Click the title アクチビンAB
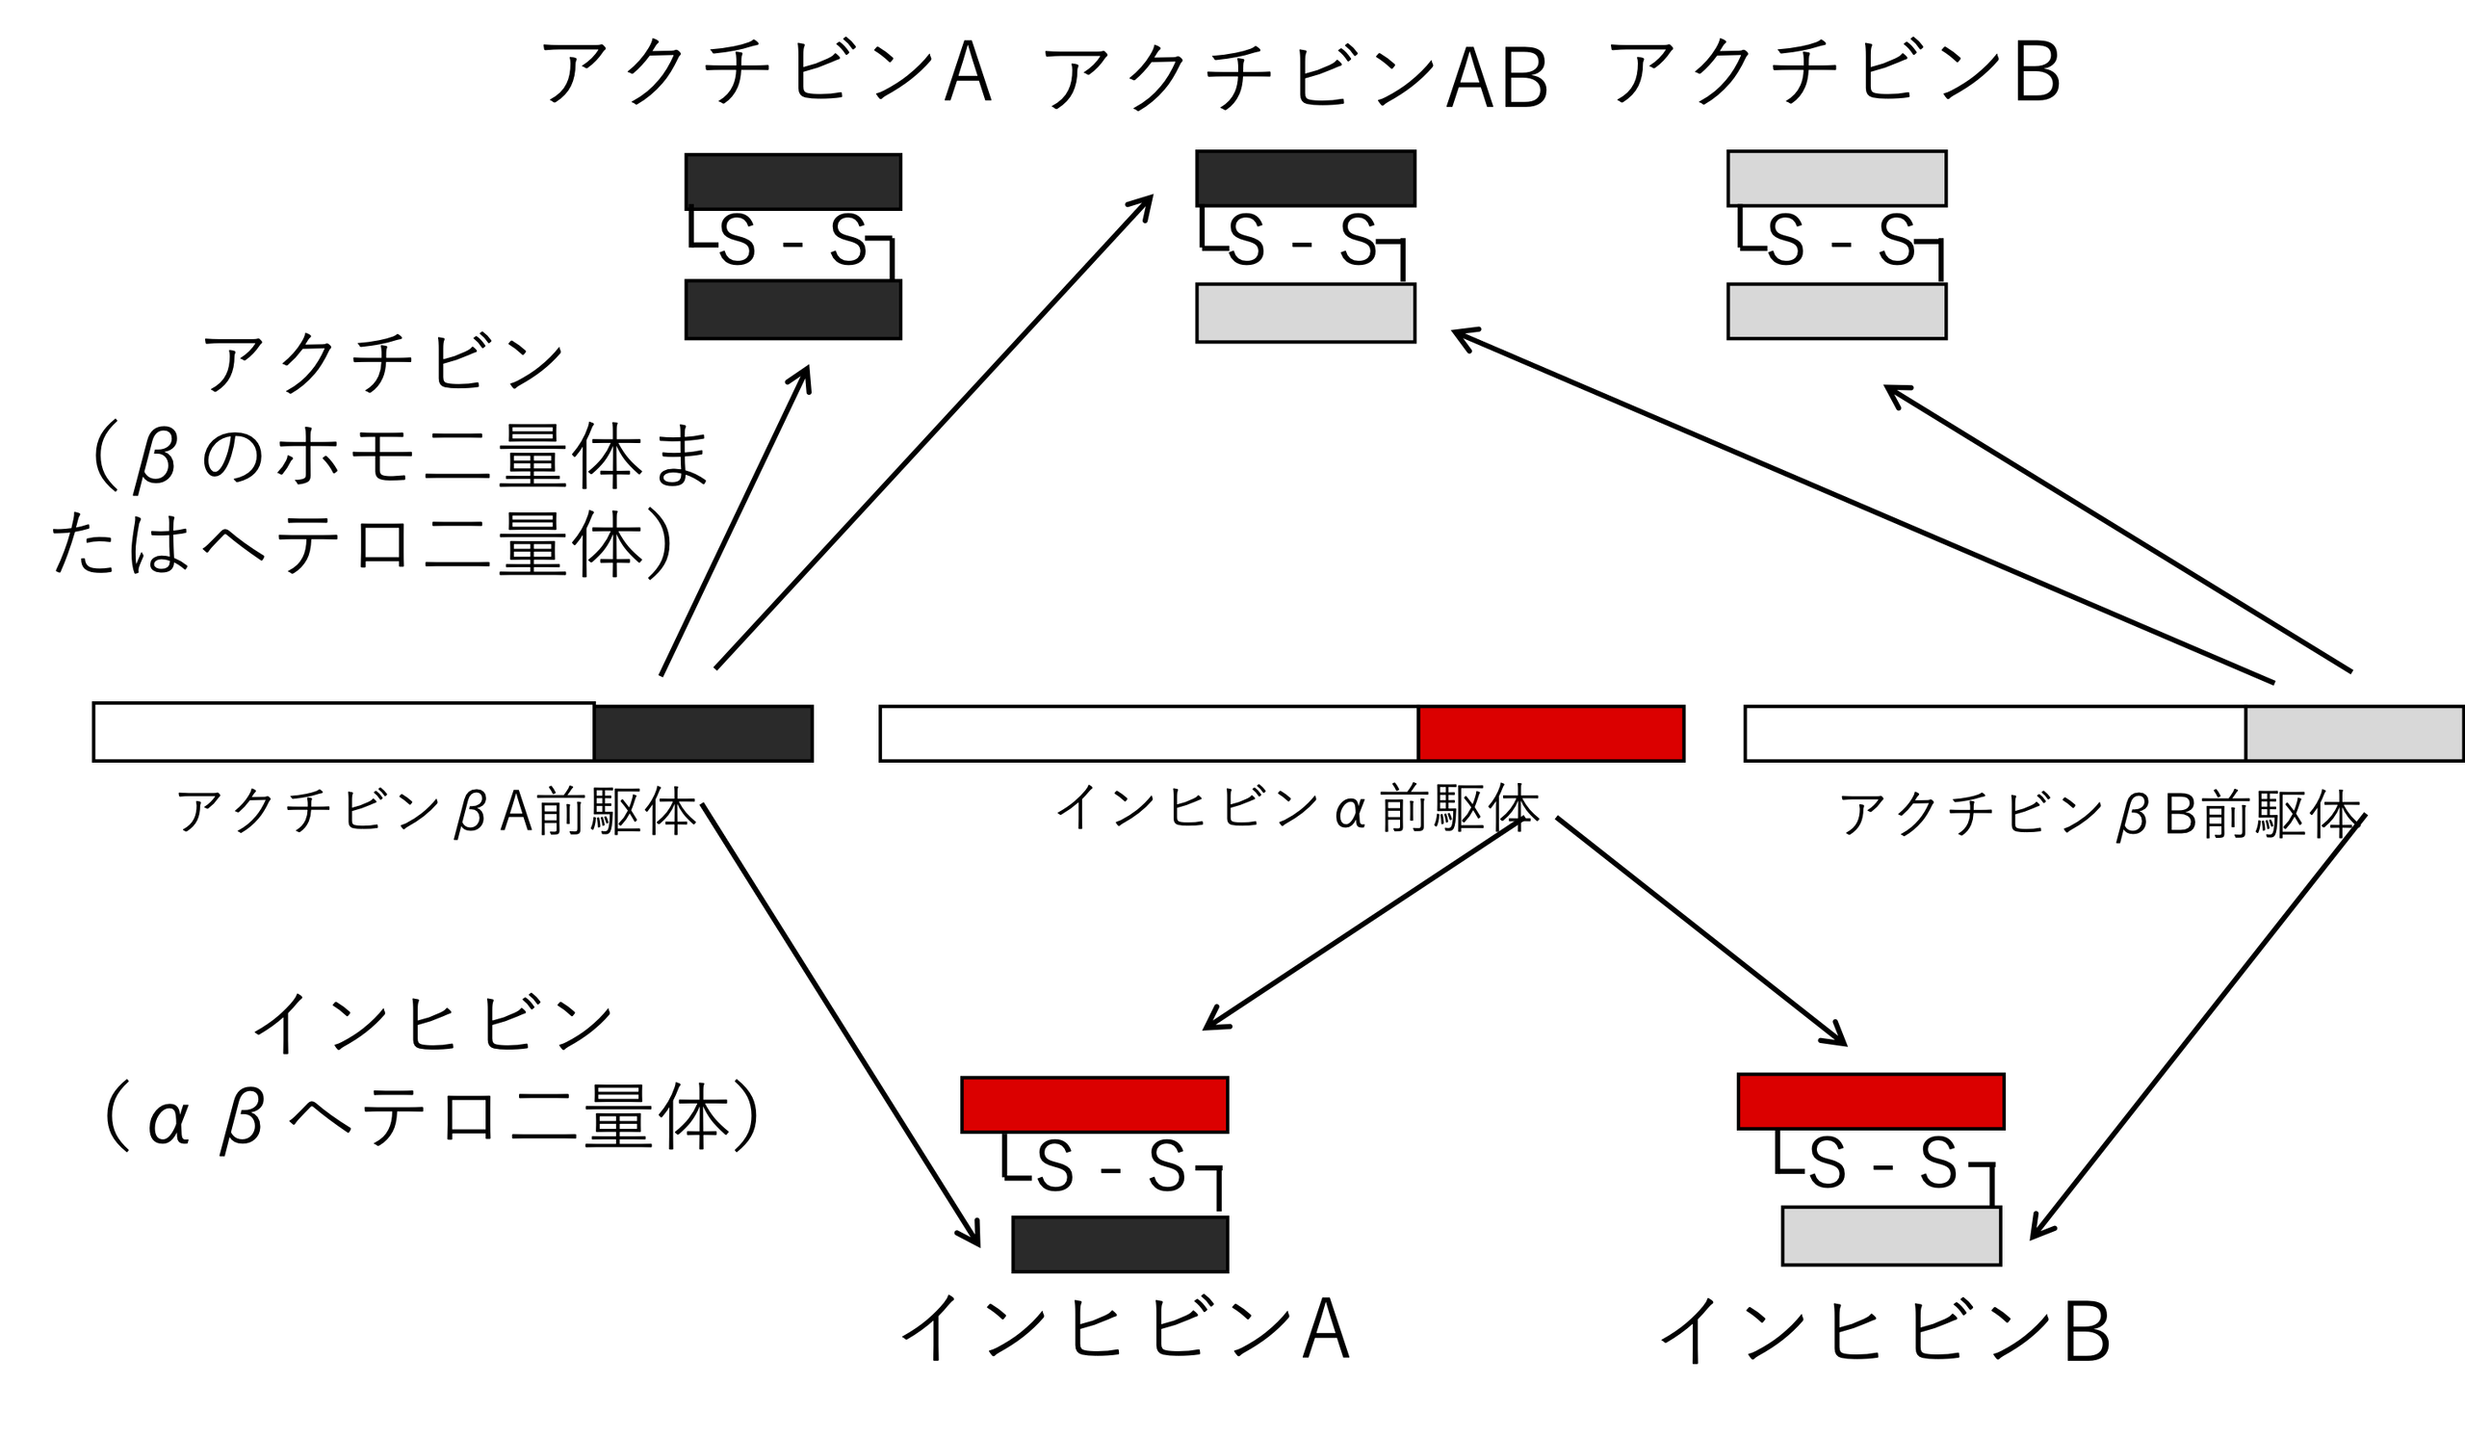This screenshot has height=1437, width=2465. point(1295,76)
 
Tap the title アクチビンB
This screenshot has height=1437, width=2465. point(1834,72)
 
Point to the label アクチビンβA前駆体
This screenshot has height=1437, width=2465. point(436,812)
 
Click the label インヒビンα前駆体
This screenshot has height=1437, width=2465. point(1297,809)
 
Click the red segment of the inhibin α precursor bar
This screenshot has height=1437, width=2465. point(1550,734)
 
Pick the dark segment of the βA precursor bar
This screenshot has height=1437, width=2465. point(703,734)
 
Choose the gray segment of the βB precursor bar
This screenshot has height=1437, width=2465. point(2353,734)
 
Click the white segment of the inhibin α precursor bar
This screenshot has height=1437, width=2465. point(1149,734)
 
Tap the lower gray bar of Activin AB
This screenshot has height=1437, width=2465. point(1306,313)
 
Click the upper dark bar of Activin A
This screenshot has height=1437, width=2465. point(793,182)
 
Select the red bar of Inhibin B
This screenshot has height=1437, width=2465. point(1871,1102)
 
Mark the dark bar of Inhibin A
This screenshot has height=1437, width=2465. point(1120,1244)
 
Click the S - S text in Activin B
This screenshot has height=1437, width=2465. point(1840,241)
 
